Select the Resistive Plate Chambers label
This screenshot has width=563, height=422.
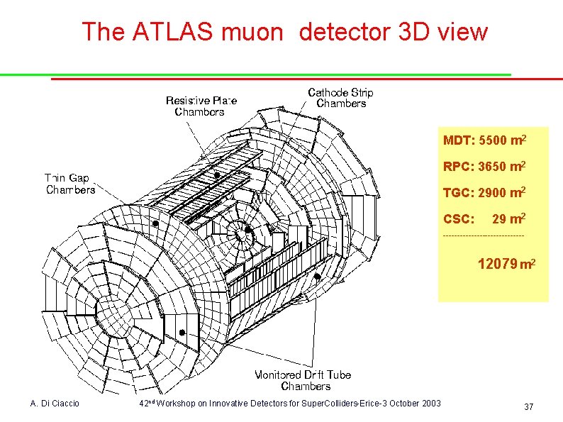pos(201,106)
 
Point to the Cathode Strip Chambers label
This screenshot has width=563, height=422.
pos(340,98)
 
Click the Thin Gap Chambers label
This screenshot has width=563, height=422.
pos(69,184)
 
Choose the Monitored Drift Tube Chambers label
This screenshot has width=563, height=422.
pos(303,380)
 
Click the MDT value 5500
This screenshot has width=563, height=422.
pos(494,140)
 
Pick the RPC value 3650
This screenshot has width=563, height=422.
pos(493,167)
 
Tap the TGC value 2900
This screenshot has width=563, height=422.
pos(493,193)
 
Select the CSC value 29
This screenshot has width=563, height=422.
pos(500,219)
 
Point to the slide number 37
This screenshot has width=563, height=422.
pos(528,406)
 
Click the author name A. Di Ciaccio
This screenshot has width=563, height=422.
pos(55,404)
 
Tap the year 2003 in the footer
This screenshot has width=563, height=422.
pos(430,404)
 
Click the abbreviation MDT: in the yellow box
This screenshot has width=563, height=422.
pos(458,140)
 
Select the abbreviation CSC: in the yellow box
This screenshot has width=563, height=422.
pos(458,219)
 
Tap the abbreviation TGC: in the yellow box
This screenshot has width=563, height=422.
pos(458,193)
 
